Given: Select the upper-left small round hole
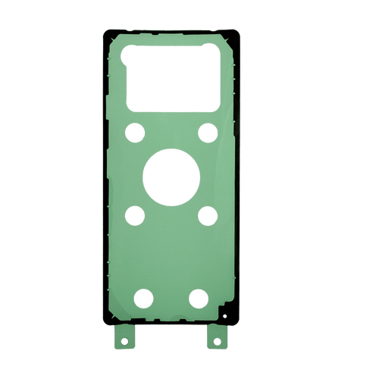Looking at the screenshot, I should [x=136, y=131].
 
